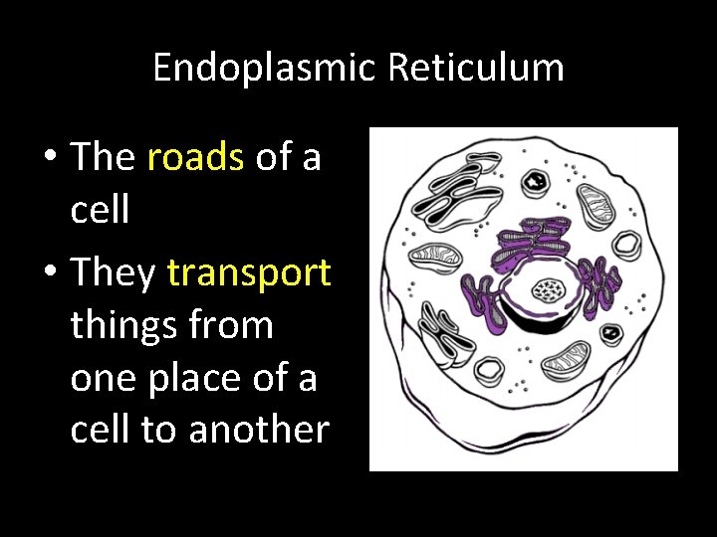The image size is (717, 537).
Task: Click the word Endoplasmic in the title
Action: (x=265, y=69)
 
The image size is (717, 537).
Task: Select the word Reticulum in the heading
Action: (x=476, y=69)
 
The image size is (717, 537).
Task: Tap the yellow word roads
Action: (x=195, y=157)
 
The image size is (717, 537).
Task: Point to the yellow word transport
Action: (x=249, y=271)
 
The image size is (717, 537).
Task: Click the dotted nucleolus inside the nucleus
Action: (x=547, y=290)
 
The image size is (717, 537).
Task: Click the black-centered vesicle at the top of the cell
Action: (x=538, y=181)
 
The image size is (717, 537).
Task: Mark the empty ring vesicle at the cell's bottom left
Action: (x=489, y=373)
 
